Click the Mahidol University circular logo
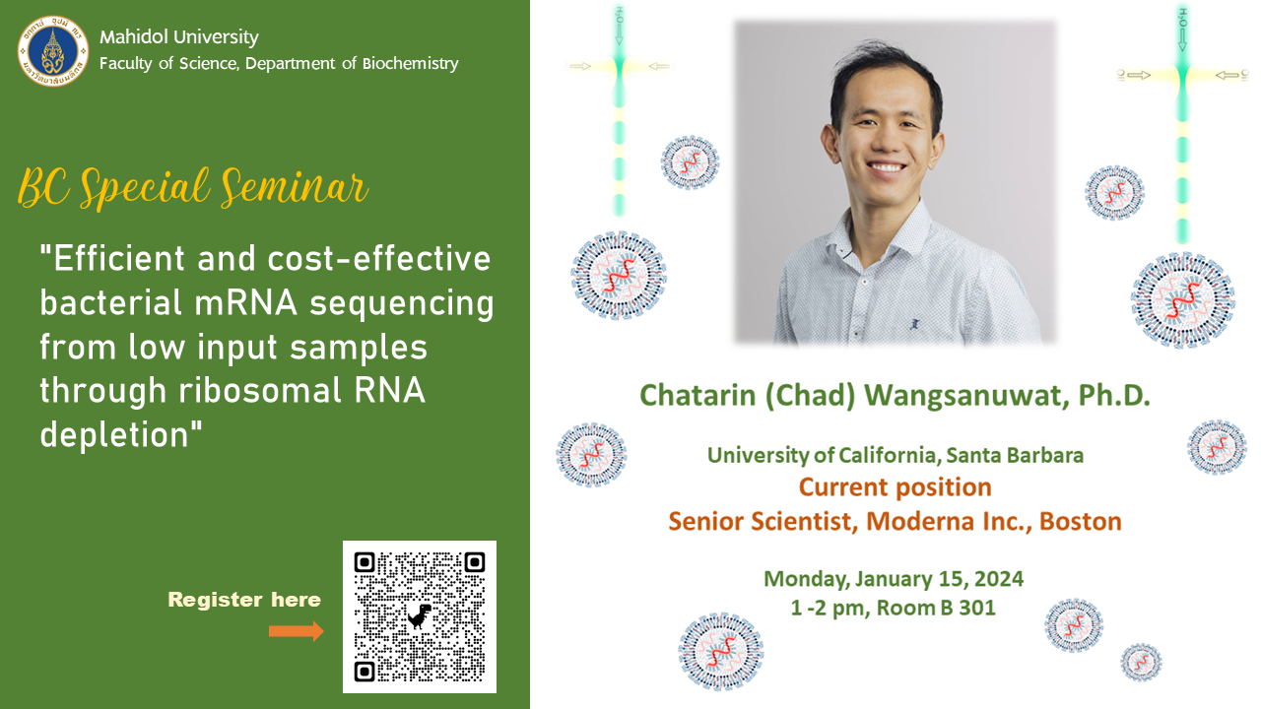[x=53, y=50]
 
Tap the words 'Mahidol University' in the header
[x=179, y=37]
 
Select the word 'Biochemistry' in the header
[x=411, y=64]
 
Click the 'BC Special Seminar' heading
[x=193, y=187]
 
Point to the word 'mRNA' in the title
[x=245, y=302]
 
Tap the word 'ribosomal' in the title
[x=260, y=390]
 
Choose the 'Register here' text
[x=244, y=600]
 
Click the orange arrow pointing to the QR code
[x=297, y=631]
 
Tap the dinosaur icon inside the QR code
[x=420, y=616]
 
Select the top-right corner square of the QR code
[x=474, y=562]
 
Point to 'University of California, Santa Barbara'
[x=896, y=455]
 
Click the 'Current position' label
[x=896, y=487]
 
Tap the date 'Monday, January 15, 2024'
[x=894, y=579]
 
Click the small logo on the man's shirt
[x=915, y=324]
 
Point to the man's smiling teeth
[x=886, y=167]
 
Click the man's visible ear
[x=830, y=145]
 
